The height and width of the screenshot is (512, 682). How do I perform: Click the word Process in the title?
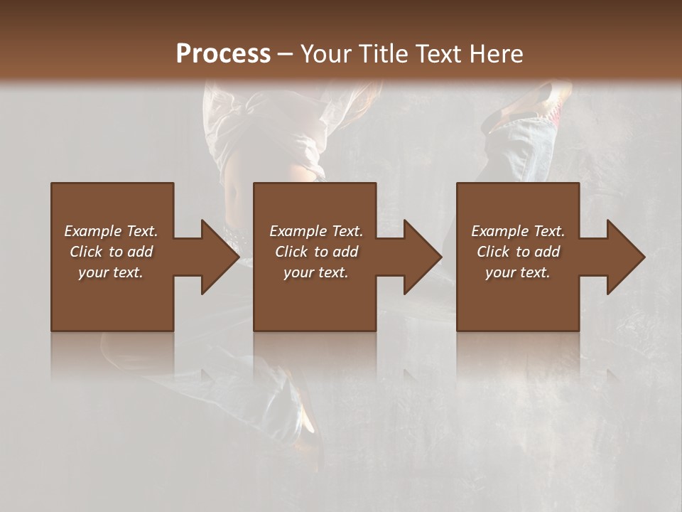coord(223,54)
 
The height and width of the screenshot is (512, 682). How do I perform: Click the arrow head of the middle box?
coord(422,257)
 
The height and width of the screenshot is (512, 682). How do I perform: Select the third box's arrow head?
coord(625,257)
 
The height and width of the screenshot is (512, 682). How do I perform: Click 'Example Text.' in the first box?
coord(111,231)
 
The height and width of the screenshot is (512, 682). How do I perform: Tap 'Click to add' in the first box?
coord(111,252)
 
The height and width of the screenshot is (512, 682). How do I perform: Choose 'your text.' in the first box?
coord(111,272)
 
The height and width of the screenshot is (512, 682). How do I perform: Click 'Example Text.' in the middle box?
coord(316,231)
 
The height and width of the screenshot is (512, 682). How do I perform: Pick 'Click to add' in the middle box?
coord(316,252)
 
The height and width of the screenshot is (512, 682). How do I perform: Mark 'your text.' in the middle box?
coord(316,272)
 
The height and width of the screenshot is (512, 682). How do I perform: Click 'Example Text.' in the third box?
coord(518,231)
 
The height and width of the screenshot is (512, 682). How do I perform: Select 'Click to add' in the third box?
coord(518,252)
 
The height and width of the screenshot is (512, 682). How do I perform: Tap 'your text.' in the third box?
coord(518,272)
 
